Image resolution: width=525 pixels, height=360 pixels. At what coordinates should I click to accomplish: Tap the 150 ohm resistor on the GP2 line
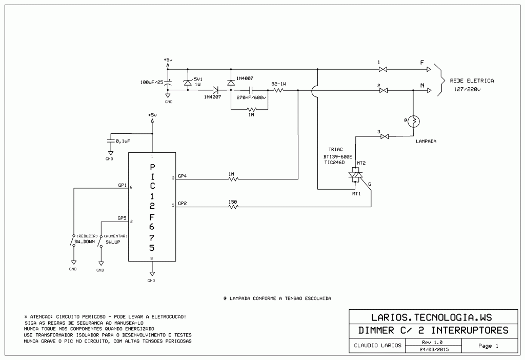click(233, 207)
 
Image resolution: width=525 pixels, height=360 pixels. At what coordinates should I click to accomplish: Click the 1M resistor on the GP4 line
click(232, 179)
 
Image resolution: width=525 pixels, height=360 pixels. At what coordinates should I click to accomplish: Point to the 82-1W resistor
click(278, 90)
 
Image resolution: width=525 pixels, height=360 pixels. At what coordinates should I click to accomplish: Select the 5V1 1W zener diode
click(188, 83)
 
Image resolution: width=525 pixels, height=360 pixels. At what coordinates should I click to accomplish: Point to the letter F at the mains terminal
click(422, 63)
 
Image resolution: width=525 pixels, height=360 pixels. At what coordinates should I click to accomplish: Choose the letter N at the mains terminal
click(422, 86)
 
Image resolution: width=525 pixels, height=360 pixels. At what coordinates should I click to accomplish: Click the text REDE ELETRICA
click(472, 81)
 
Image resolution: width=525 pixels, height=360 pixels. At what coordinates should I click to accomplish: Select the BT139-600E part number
click(337, 157)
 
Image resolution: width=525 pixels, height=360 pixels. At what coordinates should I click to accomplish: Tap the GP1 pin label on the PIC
click(122, 185)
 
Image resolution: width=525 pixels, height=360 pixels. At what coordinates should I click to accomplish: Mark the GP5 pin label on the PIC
click(122, 218)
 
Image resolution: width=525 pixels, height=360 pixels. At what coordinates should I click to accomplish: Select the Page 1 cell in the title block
click(488, 346)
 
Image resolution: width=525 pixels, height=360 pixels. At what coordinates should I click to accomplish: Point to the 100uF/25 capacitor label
click(151, 82)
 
